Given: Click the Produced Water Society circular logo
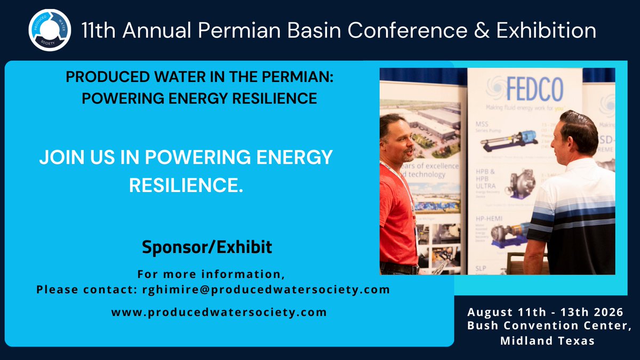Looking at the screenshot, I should click(50, 30).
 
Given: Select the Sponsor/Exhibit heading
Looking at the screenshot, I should click(207, 247).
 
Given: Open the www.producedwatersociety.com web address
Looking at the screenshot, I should click(219, 312).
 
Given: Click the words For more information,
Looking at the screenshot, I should click(211, 275).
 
